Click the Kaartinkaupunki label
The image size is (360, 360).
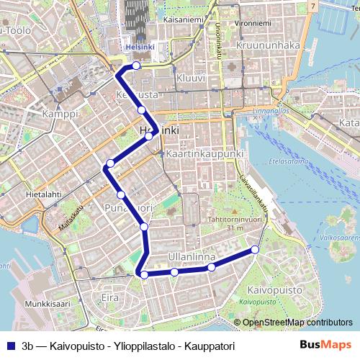click(205, 154)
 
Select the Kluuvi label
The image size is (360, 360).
click(191, 77)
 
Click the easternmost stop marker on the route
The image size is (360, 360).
click(254, 250)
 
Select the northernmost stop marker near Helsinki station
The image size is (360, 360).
click(136, 66)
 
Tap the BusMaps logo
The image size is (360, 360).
click(325, 345)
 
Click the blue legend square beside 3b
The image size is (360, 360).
click(12, 345)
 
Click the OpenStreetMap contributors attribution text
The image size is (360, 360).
click(297, 323)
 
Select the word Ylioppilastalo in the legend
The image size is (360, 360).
click(143, 345)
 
